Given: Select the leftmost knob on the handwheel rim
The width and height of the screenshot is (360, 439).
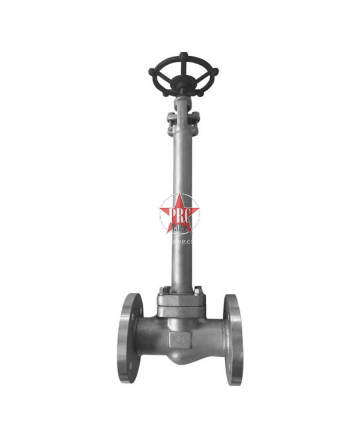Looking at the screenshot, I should coord(152,73).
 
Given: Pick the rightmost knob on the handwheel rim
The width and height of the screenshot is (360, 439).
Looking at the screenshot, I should coord(215,73).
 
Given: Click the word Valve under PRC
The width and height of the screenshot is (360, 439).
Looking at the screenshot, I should coord(180,228).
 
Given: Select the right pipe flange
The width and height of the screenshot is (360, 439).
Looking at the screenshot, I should coord(233,339).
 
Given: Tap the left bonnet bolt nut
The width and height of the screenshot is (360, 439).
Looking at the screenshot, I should coord(163,292).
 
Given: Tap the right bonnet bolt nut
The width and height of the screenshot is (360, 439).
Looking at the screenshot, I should coord(199,291).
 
